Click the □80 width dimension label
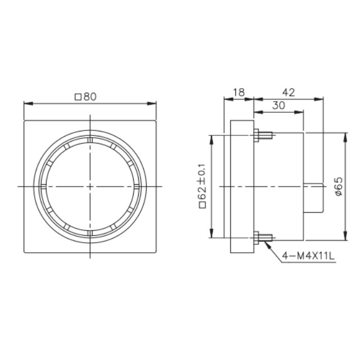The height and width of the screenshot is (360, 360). [x=85, y=97]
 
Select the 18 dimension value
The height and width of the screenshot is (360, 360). [x=239, y=92]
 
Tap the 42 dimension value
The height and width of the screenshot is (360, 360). [x=288, y=92]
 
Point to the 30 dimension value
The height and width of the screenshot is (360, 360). [x=279, y=106]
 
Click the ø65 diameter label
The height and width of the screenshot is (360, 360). [x=339, y=186]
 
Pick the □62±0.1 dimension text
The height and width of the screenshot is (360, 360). [x=203, y=186]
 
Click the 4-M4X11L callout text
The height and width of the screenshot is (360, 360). [x=308, y=256]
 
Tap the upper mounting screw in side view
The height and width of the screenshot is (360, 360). [x=263, y=135]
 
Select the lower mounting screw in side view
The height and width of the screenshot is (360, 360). [x=263, y=238]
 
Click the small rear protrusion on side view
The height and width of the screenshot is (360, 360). [x=313, y=198]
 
